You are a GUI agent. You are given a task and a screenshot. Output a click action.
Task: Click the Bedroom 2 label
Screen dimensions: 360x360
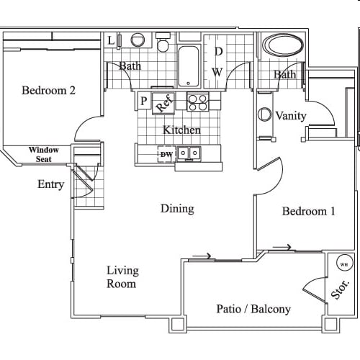(x=48, y=91)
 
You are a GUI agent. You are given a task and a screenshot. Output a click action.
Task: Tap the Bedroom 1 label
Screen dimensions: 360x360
(x=308, y=212)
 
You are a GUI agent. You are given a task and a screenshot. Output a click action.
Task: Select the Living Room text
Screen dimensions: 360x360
(x=122, y=277)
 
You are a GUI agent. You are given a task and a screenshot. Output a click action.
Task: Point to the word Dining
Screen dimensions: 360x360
(x=177, y=209)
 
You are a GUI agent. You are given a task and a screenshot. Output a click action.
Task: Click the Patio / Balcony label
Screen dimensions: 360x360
(x=253, y=309)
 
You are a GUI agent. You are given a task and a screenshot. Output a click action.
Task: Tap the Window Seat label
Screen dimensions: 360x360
(x=44, y=155)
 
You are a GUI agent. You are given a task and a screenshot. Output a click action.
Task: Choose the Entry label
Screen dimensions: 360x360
(x=50, y=184)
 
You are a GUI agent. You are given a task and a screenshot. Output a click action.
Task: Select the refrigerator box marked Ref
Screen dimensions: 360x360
(x=164, y=102)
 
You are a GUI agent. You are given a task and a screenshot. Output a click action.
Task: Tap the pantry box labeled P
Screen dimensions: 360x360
(x=143, y=102)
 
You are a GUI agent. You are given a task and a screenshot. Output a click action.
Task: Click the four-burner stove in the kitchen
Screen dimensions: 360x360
(x=197, y=102)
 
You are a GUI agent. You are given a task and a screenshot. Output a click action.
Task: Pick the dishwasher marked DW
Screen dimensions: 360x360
(x=166, y=153)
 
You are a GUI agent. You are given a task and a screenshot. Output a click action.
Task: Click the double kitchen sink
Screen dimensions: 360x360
(x=189, y=153)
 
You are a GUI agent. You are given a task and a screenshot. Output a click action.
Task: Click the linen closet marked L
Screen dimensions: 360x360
(x=110, y=40)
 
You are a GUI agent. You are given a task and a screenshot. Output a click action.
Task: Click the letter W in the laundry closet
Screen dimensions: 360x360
(x=217, y=72)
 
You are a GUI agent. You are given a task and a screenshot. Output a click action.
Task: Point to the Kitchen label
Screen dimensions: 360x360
(x=181, y=130)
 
